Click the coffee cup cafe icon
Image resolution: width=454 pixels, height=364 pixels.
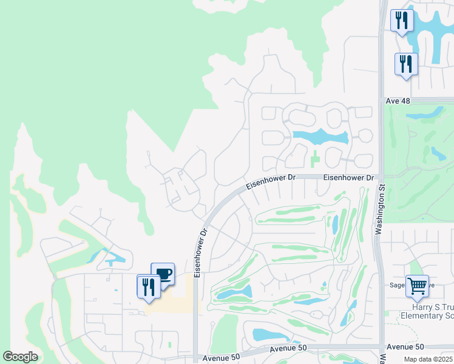(x=163, y=274)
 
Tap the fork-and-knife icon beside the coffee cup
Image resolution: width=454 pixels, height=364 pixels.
(x=149, y=286)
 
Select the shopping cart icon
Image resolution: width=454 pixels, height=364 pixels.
(x=417, y=286)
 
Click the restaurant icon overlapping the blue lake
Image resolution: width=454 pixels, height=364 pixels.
(x=402, y=21)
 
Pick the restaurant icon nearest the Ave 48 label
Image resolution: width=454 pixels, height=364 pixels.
(x=406, y=64)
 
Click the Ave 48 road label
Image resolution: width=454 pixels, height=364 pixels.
(x=397, y=101)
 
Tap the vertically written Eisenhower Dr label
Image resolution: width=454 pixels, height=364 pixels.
(x=197, y=252)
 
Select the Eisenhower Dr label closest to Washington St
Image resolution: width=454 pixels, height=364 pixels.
(x=348, y=177)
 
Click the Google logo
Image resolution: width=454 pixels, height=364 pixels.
(x=20, y=356)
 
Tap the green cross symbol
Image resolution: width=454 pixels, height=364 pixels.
(x=314, y=161)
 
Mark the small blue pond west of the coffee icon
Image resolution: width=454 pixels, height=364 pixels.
(x=112, y=260)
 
